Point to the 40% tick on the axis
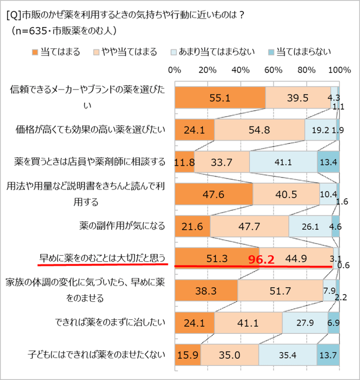pyautogui.click(x=241, y=70)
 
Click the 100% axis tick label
pyautogui.click(x=340, y=70)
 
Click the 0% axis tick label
pyautogui.click(x=175, y=70)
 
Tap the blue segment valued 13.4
pyautogui.click(x=329, y=162)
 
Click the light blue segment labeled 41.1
pyautogui.click(x=283, y=162)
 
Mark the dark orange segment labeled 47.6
pyautogui.click(x=214, y=194)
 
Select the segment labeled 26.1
pyautogui.click(x=310, y=225)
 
